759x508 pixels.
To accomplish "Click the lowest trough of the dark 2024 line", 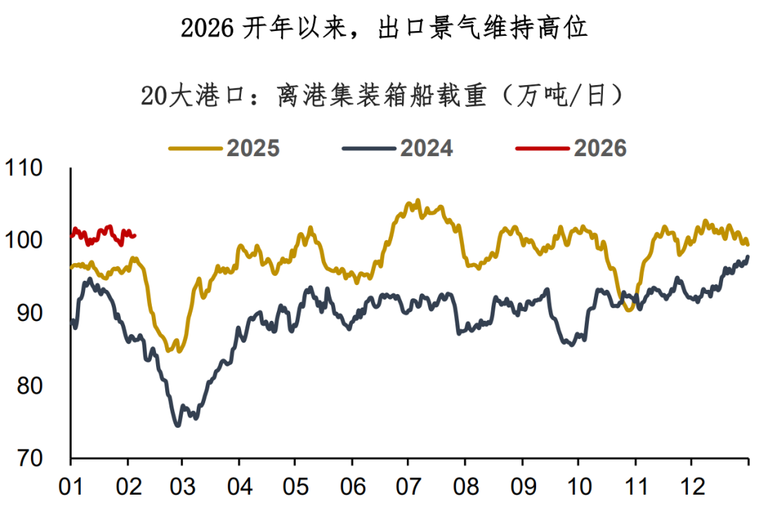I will [178, 425].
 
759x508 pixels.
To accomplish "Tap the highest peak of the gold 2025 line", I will [418, 201].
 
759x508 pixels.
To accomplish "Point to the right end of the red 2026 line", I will [134, 235].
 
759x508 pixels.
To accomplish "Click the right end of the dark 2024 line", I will [748, 257].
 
